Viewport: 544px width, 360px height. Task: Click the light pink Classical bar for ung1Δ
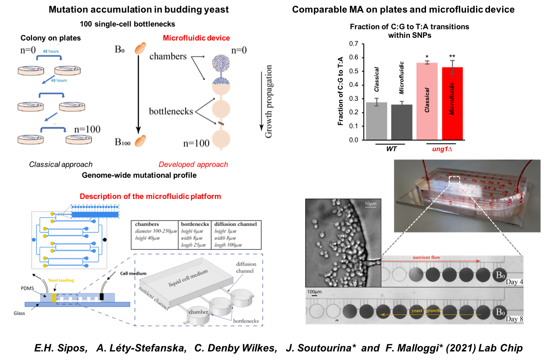click(x=427, y=101)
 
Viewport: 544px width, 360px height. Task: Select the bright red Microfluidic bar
click(x=452, y=103)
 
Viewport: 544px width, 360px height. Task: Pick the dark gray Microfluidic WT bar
click(x=402, y=122)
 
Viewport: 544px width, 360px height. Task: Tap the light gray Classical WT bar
click(x=376, y=121)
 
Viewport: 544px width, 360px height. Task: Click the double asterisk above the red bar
click(x=452, y=57)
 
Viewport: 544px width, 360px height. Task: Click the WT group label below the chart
click(x=391, y=149)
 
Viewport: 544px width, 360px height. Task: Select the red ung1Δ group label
click(x=442, y=149)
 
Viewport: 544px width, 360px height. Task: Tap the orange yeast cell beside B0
click(x=141, y=48)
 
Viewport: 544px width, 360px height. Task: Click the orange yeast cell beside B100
click(x=141, y=141)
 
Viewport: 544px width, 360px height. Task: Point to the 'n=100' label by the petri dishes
click(x=87, y=129)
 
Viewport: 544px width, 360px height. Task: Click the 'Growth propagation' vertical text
click(x=268, y=101)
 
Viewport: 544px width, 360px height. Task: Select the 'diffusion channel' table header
click(x=236, y=224)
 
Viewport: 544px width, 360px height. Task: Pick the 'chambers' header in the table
click(x=147, y=224)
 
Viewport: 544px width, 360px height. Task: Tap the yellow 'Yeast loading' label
click(x=61, y=280)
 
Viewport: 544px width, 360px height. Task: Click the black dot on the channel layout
click(x=104, y=240)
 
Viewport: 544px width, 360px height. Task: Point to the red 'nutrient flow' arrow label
click(x=426, y=257)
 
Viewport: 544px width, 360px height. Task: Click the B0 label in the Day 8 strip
click(x=500, y=312)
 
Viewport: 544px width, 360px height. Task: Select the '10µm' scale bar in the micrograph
click(x=370, y=205)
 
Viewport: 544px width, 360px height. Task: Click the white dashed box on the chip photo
click(x=454, y=180)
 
